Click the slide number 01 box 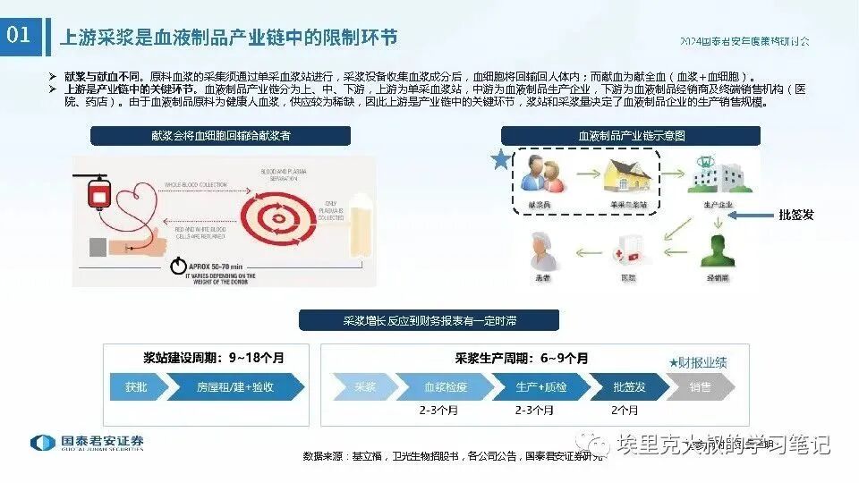[20, 36]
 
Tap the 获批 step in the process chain [137, 387]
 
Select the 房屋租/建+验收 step [234, 387]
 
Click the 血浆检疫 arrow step [446, 387]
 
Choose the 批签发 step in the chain [629, 387]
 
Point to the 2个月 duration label [625, 411]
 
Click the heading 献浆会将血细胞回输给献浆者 [222, 136]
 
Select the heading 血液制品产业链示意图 [630, 136]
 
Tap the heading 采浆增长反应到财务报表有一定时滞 [429, 320]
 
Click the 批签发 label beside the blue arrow [796, 215]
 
